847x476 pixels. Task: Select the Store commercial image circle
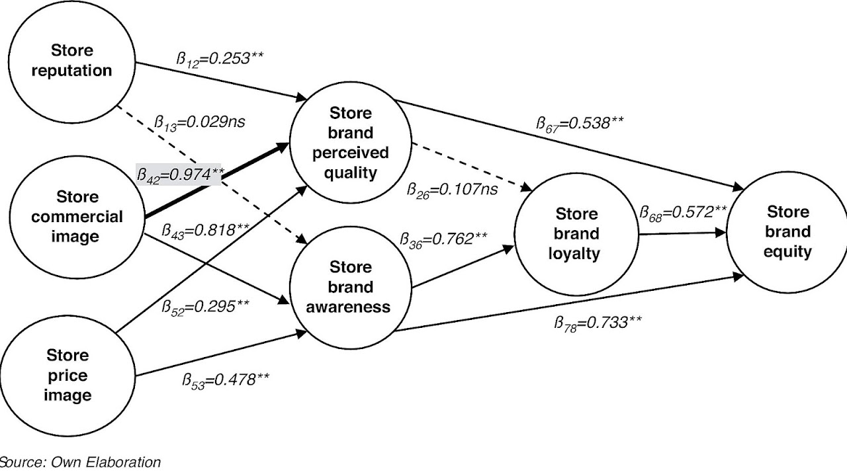[x=76, y=217]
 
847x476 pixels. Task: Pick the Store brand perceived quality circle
[x=351, y=143]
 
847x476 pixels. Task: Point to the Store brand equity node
[x=787, y=232]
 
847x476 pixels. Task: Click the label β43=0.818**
[x=206, y=230]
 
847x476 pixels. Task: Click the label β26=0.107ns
[x=453, y=190]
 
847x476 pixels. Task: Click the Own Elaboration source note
[x=79, y=462]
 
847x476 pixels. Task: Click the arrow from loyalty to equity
[x=682, y=233]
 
